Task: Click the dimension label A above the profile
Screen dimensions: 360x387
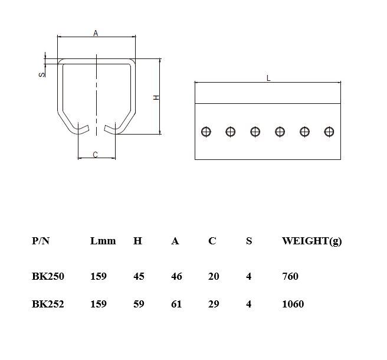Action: [96, 34]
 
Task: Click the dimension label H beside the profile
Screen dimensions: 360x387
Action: [156, 97]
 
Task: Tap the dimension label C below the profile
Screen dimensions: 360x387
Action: [96, 155]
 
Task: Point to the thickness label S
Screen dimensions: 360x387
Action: [41, 74]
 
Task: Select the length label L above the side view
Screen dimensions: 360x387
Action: [268, 78]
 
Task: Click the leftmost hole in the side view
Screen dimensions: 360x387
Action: [205, 132]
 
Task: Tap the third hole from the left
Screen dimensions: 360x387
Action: [255, 132]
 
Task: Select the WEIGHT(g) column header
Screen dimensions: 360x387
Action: [311, 241]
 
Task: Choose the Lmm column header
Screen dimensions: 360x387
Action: [103, 241]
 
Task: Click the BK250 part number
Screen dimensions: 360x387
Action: [48, 276]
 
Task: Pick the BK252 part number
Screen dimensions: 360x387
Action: [48, 304]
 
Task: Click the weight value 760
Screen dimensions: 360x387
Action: [290, 276]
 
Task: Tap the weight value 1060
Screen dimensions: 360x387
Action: [293, 304]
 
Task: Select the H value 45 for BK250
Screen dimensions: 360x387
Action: [139, 276]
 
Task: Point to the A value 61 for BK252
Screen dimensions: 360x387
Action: [176, 304]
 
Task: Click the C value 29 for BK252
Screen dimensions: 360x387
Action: [214, 304]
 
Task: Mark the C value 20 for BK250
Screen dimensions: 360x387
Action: [214, 276]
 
